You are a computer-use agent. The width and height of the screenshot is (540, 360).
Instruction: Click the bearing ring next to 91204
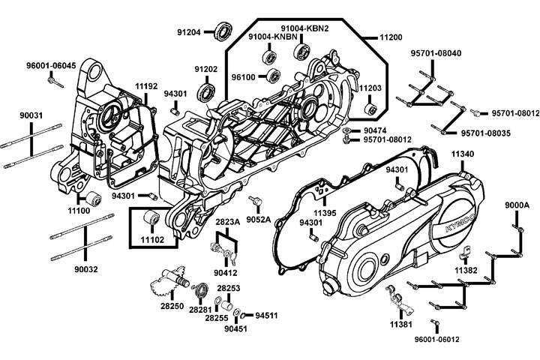223,31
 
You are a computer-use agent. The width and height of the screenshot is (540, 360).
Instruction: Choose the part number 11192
146,87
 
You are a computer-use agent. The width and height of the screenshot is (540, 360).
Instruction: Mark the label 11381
400,326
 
